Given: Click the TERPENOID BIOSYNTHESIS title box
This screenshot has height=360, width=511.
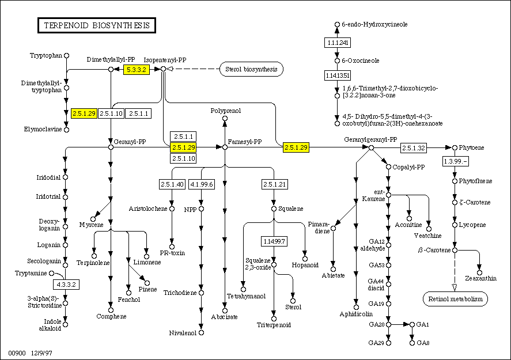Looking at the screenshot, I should point(97,25).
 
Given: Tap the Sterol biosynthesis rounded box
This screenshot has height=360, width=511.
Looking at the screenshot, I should point(251,70).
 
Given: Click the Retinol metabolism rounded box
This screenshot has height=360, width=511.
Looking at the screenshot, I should point(455,299).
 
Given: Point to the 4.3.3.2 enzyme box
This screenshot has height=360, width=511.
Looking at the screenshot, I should point(66,284).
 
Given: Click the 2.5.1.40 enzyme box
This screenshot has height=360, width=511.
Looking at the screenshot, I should point(172,184).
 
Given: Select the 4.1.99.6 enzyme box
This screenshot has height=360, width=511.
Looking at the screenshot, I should point(201,184).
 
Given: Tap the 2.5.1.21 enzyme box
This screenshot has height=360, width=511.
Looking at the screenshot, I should point(274,184).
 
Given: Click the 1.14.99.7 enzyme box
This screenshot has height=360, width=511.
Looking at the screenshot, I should point(274,240).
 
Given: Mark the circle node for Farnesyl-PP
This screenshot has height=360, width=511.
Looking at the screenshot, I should point(225,147).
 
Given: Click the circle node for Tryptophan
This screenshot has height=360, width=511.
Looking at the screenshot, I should point(66,55).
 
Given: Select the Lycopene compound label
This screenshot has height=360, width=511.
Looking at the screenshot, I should point(473,225).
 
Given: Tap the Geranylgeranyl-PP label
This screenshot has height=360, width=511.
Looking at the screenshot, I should point(370,139).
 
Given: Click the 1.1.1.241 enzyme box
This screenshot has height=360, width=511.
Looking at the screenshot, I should point(337,43).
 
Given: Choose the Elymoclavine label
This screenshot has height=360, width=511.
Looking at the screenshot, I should point(43,129).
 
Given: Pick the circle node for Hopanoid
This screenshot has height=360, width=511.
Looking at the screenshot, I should point(305,259).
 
